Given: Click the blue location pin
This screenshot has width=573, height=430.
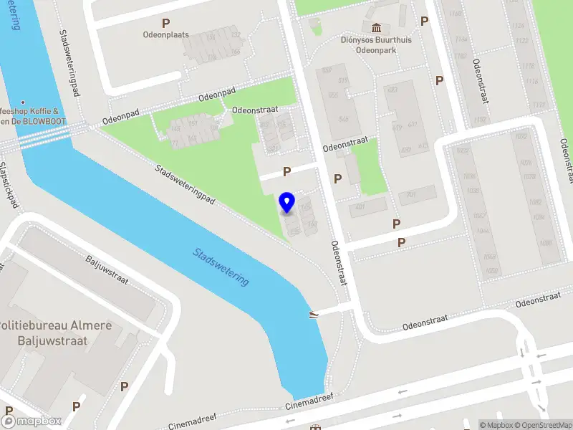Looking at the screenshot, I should [x=287, y=203].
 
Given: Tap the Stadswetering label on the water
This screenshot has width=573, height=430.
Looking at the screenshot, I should [x=221, y=267].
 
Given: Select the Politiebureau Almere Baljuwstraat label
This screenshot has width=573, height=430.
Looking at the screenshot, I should [x=55, y=333].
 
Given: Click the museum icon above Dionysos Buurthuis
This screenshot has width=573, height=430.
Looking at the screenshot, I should [x=376, y=27].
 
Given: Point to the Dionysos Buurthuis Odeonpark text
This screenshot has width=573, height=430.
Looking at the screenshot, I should [x=376, y=45].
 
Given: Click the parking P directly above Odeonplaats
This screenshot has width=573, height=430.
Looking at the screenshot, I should [x=166, y=24].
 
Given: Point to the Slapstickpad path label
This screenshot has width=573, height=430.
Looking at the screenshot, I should [x=9, y=183].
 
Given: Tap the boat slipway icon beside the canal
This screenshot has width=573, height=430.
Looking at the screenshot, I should [x=313, y=314].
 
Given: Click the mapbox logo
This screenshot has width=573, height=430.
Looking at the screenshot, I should [x=32, y=421].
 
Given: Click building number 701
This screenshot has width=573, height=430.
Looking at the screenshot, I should [x=410, y=193].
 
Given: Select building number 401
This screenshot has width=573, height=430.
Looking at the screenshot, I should [x=360, y=208].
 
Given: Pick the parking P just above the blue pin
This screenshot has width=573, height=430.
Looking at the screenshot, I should [x=286, y=172].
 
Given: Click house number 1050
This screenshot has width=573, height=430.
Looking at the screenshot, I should [x=491, y=270].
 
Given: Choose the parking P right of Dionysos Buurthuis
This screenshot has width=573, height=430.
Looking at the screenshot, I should [x=424, y=21].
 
